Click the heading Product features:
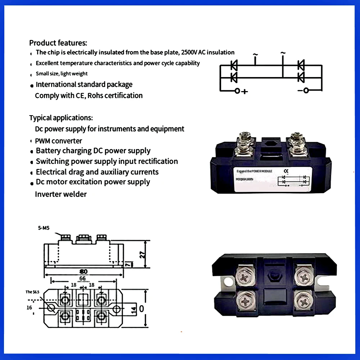click(58, 43)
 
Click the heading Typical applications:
click(61, 118)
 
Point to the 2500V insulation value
click(189, 53)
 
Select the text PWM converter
click(59, 141)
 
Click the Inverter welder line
click(61, 194)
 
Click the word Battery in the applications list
click(49, 151)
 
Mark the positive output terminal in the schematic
click(237, 91)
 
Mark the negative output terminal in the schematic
click(306, 90)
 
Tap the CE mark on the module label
click(287, 171)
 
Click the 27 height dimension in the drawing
click(143, 254)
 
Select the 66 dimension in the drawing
click(82, 278)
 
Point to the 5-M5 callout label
click(44, 228)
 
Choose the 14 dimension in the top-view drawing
click(133, 310)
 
